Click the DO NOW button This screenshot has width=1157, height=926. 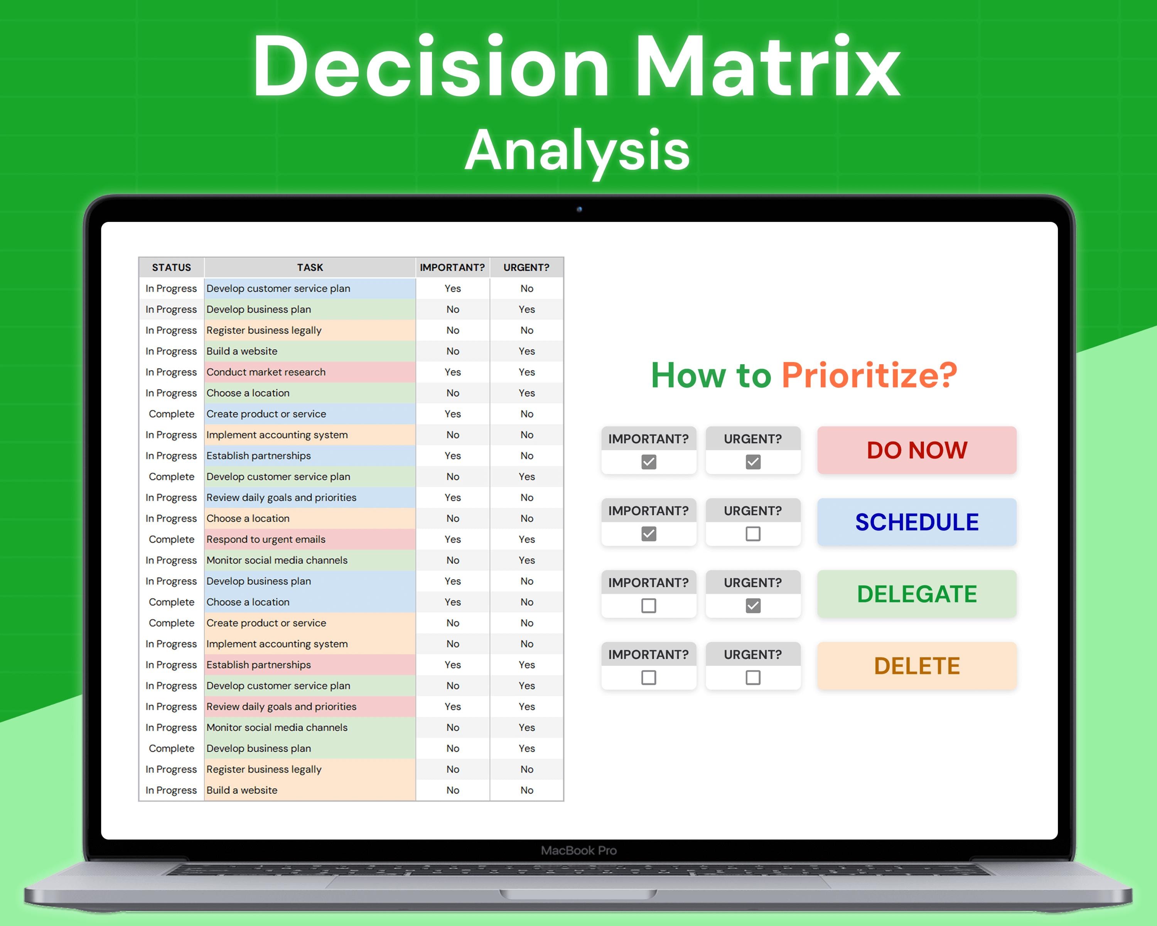[x=917, y=450]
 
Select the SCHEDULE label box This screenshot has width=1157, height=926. [x=917, y=522]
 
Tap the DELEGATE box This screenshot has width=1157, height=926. [x=917, y=594]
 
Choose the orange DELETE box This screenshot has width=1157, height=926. [x=917, y=666]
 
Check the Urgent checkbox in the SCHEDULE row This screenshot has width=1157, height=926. [x=753, y=534]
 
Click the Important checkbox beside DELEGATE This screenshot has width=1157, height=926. [x=649, y=605]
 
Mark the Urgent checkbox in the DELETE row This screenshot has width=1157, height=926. [x=753, y=678]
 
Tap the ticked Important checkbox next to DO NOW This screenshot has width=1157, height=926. [x=649, y=462]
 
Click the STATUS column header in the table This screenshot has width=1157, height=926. [x=171, y=267]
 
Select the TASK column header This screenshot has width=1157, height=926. [x=310, y=267]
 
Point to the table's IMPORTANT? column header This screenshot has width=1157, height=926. [x=452, y=267]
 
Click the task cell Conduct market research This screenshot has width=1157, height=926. [x=266, y=372]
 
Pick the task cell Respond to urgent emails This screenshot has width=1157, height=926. [x=266, y=539]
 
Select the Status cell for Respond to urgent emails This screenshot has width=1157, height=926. [x=171, y=539]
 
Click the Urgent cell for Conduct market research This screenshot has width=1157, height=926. [x=526, y=372]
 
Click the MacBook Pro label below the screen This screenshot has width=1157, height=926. [x=578, y=850]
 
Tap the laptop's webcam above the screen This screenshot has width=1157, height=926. [x=579, y=210]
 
